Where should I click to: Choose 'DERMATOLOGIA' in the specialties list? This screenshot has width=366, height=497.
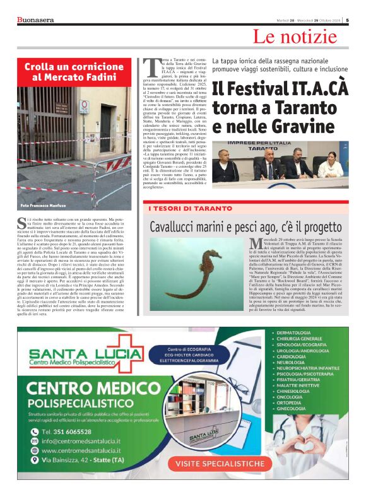[x=295, y=332]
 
